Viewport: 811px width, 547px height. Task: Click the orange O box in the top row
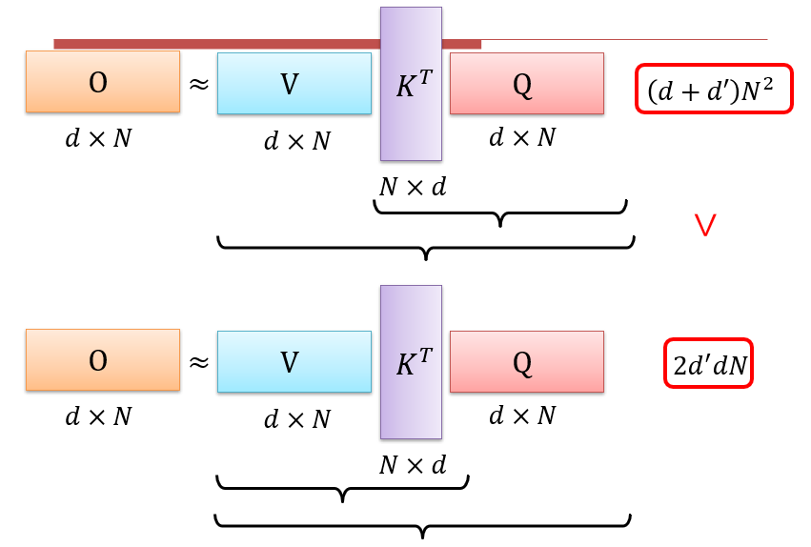click(x=103, y=82)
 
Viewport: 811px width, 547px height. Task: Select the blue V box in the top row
click(x=294, y=84)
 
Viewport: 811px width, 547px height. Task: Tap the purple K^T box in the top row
click(x=411, y=84)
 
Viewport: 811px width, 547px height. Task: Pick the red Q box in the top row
click(x=526, y=84)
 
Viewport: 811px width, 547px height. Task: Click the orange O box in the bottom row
click(x=103, y=359)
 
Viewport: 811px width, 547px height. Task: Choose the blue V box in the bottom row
click(x=294, y=362)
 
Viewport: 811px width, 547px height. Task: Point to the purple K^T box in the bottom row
click(x=411, y=362)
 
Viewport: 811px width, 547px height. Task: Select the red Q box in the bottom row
click(x=526, y=362)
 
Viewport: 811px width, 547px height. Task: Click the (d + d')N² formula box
click(x=714, y=89)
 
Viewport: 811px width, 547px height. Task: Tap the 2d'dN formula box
click(x=708, y=363)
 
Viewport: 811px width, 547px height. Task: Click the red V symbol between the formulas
click(x=705, y=226)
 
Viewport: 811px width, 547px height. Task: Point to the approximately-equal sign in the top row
click(x=198, y=84)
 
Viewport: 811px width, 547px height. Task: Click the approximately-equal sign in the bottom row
click(x=198, y=362)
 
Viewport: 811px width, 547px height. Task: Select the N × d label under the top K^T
click(x=413, y=187)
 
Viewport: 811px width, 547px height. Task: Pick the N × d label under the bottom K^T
click(x=413, y=464)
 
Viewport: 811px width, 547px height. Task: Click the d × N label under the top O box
click(x=98, y=138)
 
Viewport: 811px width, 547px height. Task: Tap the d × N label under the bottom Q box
click(x=522, y=415)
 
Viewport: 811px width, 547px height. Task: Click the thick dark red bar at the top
click(x=267, y=44)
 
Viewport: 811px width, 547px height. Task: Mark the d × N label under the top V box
click(x=296, y=141)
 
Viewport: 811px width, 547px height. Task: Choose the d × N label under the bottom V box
click(x=296, y=418)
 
